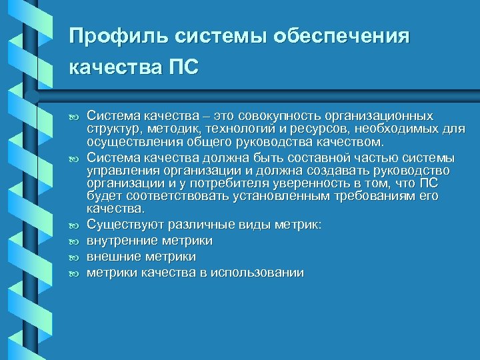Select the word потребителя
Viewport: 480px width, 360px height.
pos(205,183)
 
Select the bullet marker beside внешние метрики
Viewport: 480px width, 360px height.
pos(75,257)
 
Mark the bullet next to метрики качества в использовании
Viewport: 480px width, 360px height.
pos(75,273)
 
